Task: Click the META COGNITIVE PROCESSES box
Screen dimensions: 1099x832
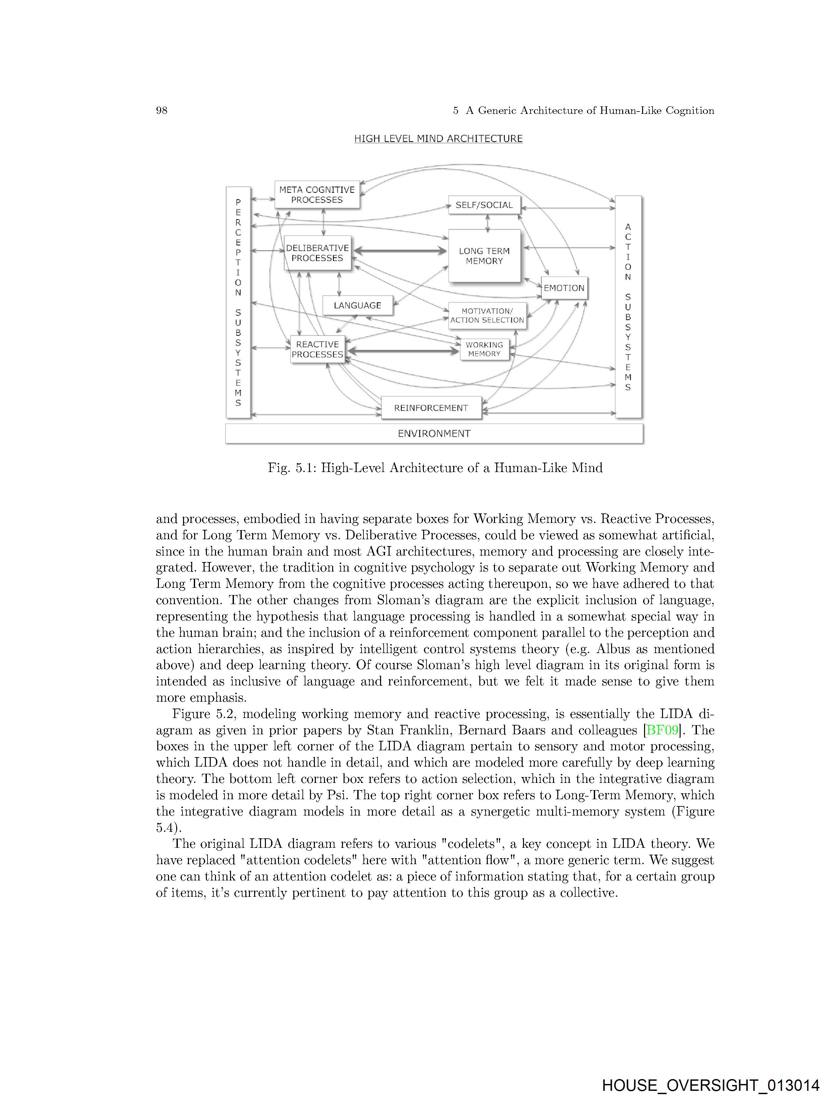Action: [317, 195]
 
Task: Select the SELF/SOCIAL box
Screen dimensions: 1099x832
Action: [484, 205]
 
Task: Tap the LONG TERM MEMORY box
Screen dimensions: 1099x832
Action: [484, 256]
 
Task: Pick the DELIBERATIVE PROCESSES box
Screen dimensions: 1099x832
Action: [317, 253]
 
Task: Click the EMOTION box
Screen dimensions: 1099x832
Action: [564, 288]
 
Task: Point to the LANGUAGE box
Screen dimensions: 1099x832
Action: [357, 305]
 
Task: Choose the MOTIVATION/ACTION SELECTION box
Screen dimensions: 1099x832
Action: [487, 315]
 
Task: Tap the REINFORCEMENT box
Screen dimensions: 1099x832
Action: [431, 408]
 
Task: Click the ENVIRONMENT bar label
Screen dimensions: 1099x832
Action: [434, 433]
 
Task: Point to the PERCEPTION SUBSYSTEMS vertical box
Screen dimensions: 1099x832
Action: [238, 303]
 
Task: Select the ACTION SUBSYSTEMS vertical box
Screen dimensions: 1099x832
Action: [628, 307]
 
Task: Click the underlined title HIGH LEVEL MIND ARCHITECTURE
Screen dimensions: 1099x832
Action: [438, 139]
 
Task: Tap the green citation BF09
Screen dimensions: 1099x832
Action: [663, 730]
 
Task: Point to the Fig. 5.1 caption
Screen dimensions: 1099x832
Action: [435, 467]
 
